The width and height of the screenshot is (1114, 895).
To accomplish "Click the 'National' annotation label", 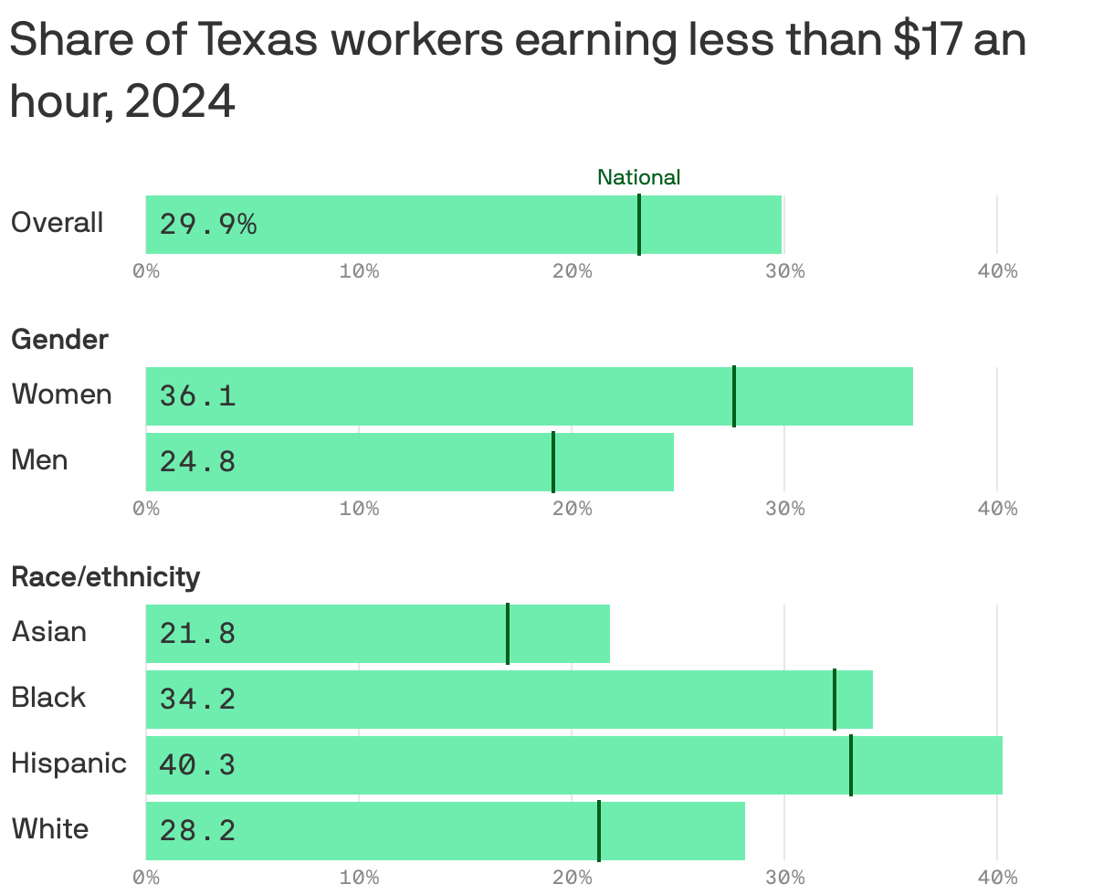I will (x=638, y=177).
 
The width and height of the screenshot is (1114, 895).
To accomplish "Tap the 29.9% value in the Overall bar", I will (x=208, y=224).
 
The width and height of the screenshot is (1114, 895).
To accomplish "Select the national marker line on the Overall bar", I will (x=639, y=225).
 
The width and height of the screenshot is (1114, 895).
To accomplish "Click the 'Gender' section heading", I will (x=59, y=340).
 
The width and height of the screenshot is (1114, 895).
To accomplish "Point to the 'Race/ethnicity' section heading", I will (x=105, y=577).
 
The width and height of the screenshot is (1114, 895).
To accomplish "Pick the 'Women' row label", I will (x=61, y=395).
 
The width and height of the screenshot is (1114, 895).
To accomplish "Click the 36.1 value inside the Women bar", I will (x=197, y=396).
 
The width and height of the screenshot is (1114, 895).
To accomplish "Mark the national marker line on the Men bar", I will (x=553, y=462).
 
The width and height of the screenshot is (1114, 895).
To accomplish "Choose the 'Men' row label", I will (x=39, y=460).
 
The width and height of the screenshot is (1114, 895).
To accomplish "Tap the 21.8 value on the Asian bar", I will (x=197, y=634).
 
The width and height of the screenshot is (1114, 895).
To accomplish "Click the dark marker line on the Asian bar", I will (x=508, y=634).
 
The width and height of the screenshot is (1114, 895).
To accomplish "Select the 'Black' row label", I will (x=48, y=698).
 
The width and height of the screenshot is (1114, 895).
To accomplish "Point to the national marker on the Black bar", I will (x=835, y=700).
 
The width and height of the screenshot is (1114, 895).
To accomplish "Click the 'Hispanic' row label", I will (x=68, y=763).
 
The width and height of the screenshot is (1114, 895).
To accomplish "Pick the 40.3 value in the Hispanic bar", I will (x=197, y=765).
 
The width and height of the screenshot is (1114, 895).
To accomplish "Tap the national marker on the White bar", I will (x=599, y=831).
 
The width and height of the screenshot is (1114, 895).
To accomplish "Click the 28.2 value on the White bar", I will (x=197, y=831).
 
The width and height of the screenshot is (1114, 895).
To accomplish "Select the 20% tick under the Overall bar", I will (x=572, y=272).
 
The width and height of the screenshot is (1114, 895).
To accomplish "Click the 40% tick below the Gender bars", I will (x=997, y=509).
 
